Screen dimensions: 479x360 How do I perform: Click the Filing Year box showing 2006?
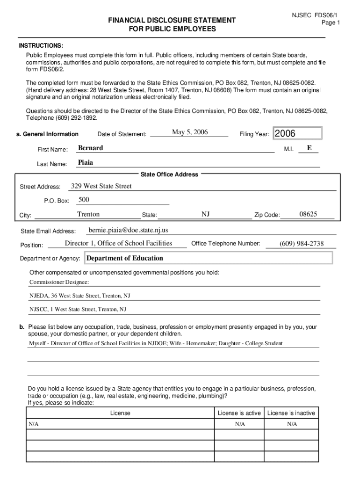(x=297, y=134)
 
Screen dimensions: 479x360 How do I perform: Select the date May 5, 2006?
(x=190, y=132)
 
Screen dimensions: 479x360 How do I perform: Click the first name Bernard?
(x=90, y=148)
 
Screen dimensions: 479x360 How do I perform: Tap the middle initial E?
(x=309, y=148)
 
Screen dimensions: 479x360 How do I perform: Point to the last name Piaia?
(x=86, y=163)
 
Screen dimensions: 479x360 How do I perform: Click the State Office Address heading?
(x=169, y=174)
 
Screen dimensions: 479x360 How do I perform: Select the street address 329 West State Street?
(x=101, y=186)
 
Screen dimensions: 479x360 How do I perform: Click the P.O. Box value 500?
(x=84, y=200)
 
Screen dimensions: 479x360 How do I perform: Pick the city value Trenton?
(x=88, y=214)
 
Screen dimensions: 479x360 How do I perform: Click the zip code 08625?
(x=308, y=214)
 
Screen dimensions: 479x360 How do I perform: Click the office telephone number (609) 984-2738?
(x=301, y=244)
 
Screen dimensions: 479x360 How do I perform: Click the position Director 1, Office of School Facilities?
(x=118, y=243)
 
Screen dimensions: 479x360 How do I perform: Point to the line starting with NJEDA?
(x=80, y=296)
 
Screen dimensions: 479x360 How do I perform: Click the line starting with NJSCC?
(x=78, y=309)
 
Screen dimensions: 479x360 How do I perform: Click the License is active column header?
(x=239, y=413)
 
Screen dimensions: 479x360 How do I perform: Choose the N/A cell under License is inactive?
(x=292, y=424)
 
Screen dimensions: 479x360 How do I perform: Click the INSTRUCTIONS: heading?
(x=41, y=45)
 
